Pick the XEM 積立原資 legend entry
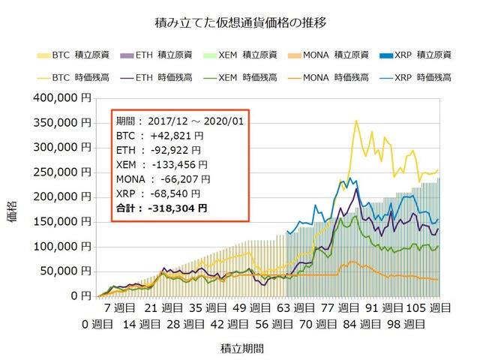point(244,55)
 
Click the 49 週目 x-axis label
point(247,308)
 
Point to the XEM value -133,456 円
point(177,165)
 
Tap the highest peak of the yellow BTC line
point(356,121)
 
